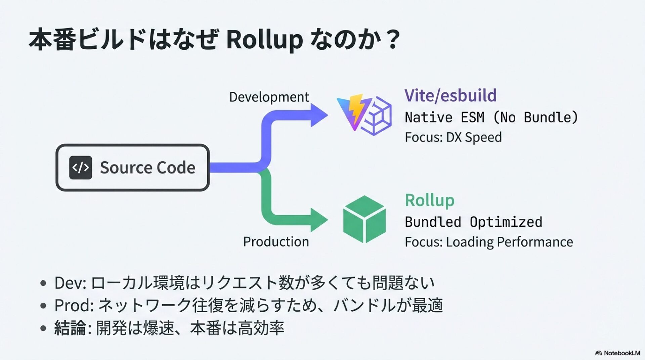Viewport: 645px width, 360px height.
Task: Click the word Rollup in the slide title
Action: pyautogui.click(x=264, y=40)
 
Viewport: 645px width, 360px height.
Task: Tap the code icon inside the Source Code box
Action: pyautogui.click(x=81, y=168)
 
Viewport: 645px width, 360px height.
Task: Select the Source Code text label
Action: pyautogui.click(x=147, y=167)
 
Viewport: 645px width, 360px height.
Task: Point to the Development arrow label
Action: pyautogui.click(x=269, y=97)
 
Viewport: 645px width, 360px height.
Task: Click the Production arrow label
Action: pyautogui.click(x=276, y=241)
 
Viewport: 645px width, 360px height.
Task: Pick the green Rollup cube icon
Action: pyautogui.click(x=364, y=219)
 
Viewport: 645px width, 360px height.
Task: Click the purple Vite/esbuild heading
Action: pyautogui.click(x=450, y=95)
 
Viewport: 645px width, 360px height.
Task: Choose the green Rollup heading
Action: pyautogui.click(x=430, y=200)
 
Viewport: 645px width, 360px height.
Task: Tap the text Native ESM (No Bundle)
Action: pyautogui.click(x=491, y=117)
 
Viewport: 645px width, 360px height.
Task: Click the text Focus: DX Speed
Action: pyautogui.click(x=453, y=137)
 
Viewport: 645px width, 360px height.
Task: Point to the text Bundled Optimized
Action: pyautogui.click(x=473, y=222)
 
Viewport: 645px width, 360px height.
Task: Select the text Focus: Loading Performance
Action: pyautogui.click(x=489, y=242)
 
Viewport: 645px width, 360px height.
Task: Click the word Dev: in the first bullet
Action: pyautogui.click(x=70, y=283)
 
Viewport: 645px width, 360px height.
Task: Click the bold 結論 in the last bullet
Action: pyautogui.click(x=70, y=328)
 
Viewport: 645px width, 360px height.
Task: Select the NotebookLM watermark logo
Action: pyautogui.click(x=617, y=353)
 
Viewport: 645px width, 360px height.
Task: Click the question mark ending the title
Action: pyautogui.click(x=392, y=40)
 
